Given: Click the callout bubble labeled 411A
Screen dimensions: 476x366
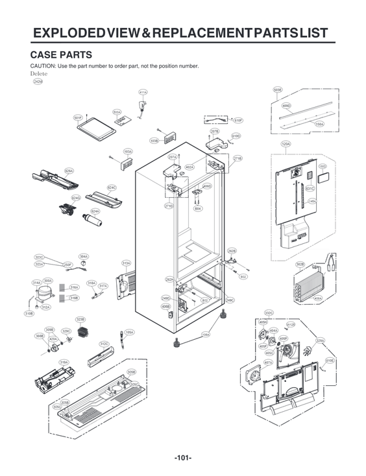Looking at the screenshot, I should click(x=143, y=93).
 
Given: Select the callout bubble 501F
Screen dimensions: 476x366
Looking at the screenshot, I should click(x=77, y=117).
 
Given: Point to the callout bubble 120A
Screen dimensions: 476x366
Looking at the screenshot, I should click(x=286, y=144).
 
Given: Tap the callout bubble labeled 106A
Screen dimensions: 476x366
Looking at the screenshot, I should click(x=206, y=335).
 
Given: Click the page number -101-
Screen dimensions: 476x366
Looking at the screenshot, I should click(x=182, y=458).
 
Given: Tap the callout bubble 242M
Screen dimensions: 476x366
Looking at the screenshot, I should click(x=38, y=82).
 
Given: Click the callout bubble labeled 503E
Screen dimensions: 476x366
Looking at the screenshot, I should click(x=278, y=90).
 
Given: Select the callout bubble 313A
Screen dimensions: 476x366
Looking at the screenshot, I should click(x=127, y=263).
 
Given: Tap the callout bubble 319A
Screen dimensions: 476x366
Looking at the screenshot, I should click(x=64, y=363).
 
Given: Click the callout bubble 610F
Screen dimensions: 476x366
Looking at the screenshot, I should click(x=238, y=121).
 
